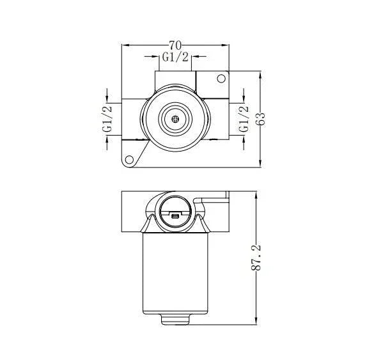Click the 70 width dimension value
click(x=175, y=45)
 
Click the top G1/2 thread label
click(x=175, y=58)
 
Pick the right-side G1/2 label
click(x=244, y=120)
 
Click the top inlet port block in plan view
click(x=175, y=81)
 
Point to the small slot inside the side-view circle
click(x=175, y=217)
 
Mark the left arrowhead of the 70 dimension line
click(x=125, y=45)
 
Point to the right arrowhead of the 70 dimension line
click(x=227, y=45)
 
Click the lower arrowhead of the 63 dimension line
click(x=260, y=165)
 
